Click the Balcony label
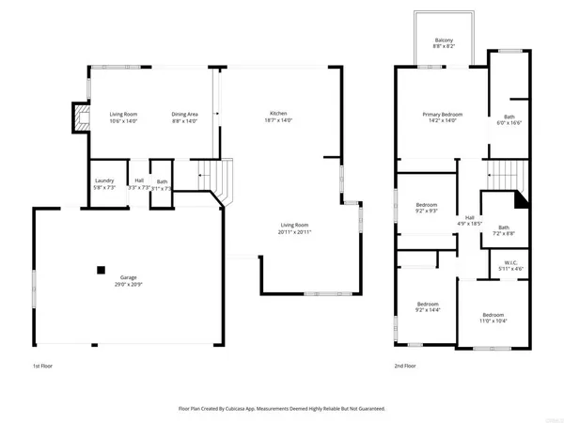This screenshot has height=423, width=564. tap(443, 40)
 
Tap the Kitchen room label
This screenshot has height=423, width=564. tap(277, 113)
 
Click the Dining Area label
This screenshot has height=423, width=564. tap(184, 113)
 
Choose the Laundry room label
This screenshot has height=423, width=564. tap(103, 181)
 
